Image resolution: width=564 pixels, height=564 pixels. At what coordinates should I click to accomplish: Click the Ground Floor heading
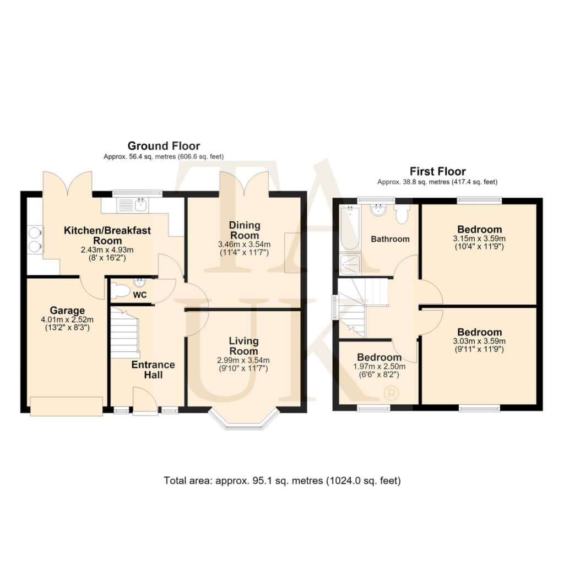[164, 145]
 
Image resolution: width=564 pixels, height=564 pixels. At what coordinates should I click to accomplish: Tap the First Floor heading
[438, 171]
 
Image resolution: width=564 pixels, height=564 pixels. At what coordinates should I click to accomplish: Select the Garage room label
[67, 310]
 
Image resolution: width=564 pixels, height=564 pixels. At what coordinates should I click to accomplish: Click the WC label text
[140, 295]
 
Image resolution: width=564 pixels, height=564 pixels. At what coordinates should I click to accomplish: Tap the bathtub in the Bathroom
[349, 228]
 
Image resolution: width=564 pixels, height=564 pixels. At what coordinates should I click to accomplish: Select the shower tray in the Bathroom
[350, 264]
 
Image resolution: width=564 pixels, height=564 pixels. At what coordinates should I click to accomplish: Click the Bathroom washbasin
[378, 210]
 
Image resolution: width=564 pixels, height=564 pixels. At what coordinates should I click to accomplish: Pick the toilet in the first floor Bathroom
[402, 214]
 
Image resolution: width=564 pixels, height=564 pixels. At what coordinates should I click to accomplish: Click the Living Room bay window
[244, 419]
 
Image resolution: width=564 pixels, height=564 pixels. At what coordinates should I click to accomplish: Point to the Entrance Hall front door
[145, 402]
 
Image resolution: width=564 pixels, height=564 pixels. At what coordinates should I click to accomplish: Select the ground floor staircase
[124, 333]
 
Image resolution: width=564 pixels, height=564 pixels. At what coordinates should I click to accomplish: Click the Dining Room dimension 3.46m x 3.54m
[244, 244]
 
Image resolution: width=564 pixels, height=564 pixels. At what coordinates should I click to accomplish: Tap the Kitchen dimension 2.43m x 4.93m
[107, 250]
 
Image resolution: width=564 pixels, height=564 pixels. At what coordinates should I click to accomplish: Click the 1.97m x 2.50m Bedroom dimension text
[379, 366]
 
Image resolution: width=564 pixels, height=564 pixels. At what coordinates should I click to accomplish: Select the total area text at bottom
[283, 480]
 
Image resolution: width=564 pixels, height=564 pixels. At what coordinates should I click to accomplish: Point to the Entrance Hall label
[153, 370]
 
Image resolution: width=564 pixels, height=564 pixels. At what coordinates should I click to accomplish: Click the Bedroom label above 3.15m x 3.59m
[480, 229]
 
